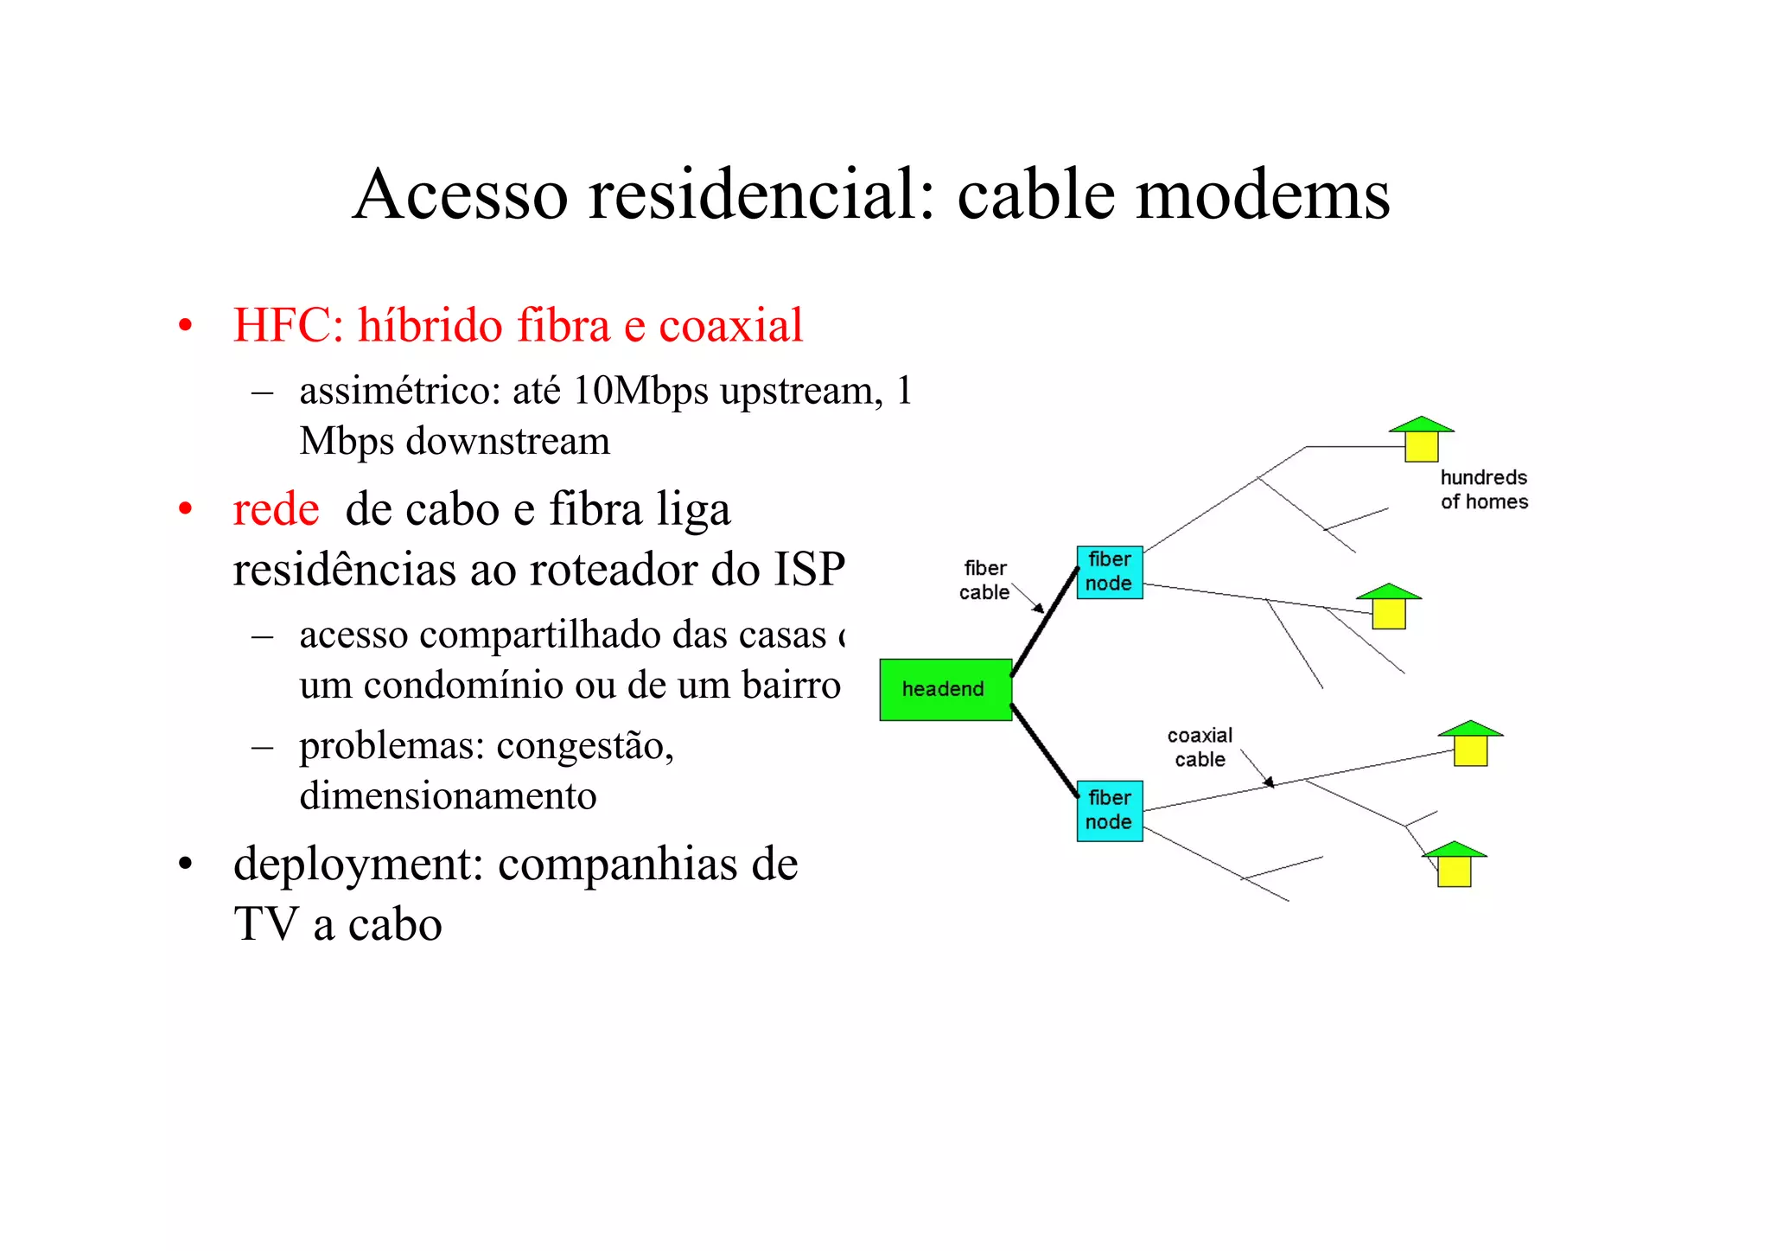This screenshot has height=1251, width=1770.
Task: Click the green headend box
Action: pos(945,689)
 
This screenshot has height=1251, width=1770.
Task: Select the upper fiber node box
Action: pos(1109,571)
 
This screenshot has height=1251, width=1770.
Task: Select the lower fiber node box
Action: pos(1109,810)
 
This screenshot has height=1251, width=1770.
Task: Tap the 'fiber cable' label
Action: pos(984,580)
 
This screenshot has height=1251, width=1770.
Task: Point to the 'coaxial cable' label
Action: pos(1200,747)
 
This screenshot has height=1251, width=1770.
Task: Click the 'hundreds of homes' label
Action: pos(1483,489)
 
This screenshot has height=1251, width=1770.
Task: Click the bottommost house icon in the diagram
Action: pos(1454,864)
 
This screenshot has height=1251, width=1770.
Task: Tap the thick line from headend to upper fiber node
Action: pos(1044,622)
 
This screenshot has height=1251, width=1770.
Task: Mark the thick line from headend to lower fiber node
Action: pos(1044,750)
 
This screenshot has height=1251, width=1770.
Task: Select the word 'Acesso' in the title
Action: pos(461,195)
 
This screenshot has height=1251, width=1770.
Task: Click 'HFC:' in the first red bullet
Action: pos(289,326)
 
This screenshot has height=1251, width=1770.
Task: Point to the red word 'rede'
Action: pos(276,509)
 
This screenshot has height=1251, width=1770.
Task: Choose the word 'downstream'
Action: pos(508,442)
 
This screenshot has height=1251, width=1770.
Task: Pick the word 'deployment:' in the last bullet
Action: pos(358,865)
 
